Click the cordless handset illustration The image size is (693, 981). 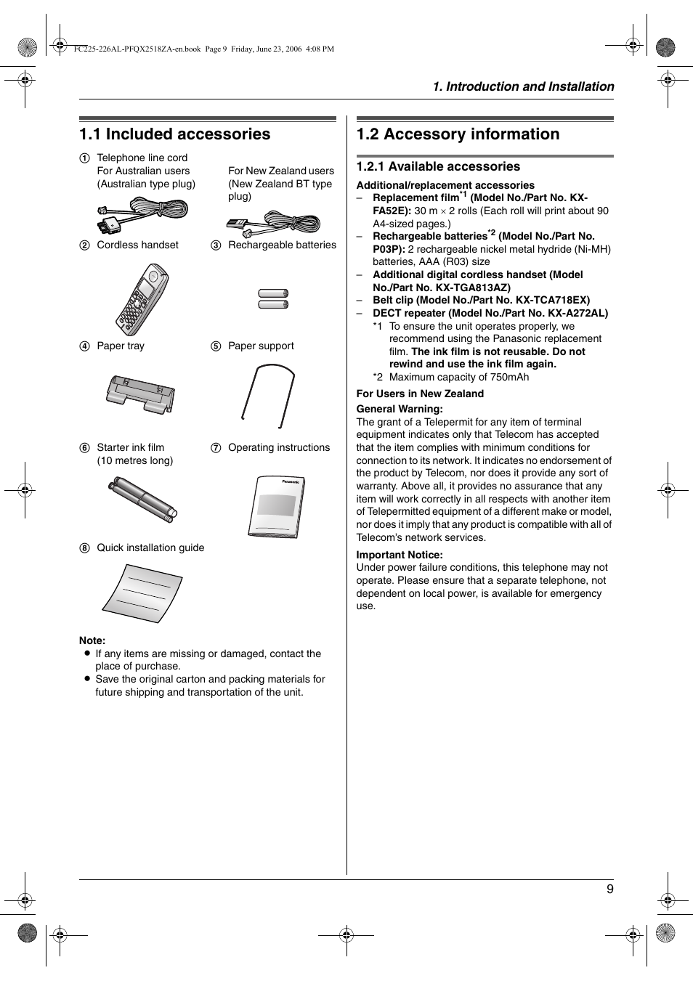[142, 299]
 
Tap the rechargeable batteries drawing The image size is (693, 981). [273, 298]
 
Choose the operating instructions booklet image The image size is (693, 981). [275, 505]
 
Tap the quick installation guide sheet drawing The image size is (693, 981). [143, 592]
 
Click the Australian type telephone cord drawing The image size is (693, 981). [143, 213]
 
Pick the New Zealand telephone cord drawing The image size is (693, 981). [274, 224]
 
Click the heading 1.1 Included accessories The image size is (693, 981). [174, 134]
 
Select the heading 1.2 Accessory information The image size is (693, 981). [458, 134]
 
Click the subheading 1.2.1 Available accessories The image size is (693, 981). [438, 166]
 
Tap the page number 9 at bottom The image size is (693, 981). [609, 889]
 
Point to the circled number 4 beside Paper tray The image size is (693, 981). [85, 346]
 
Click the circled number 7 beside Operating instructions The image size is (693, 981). [216, 448]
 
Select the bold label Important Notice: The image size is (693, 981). [399, 555]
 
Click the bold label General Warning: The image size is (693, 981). [399, 409]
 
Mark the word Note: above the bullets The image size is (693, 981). [92, 640]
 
